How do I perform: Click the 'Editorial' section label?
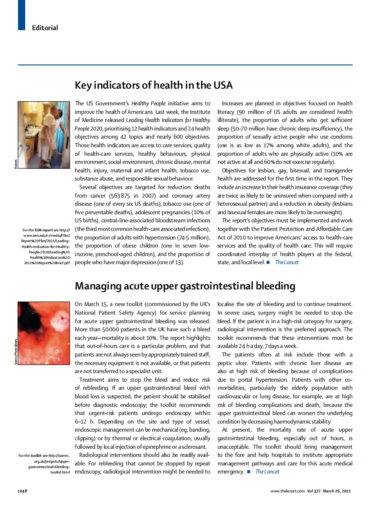(45, 28)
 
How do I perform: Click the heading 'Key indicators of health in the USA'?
(153, 85)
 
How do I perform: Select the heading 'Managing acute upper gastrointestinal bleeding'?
(185, 286)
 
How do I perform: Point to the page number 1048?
(23, 491)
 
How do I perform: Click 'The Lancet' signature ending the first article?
(287, 262)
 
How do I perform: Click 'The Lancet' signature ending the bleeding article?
(267, 472)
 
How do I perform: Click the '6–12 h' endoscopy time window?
(84, 421)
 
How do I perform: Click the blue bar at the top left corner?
(21, 15)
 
